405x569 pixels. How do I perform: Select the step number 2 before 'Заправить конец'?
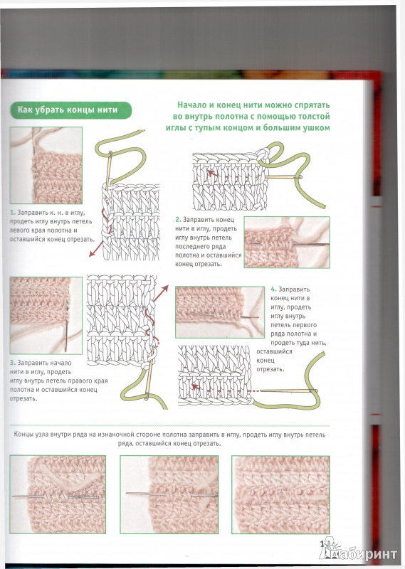178,220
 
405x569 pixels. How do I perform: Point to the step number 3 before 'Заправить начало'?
13,363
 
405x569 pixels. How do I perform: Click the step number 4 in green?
273,289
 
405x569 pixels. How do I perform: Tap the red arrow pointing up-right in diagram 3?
160,294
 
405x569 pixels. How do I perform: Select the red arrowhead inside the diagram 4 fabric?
196,387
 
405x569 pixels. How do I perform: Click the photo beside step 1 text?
46,165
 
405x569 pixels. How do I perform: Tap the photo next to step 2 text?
287,242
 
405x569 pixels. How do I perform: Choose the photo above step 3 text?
46,315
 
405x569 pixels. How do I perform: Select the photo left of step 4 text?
220,312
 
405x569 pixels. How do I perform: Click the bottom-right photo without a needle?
280,494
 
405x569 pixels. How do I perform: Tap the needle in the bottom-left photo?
56,496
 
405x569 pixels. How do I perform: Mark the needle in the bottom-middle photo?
172,494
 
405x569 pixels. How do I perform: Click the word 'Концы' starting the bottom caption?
23,435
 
